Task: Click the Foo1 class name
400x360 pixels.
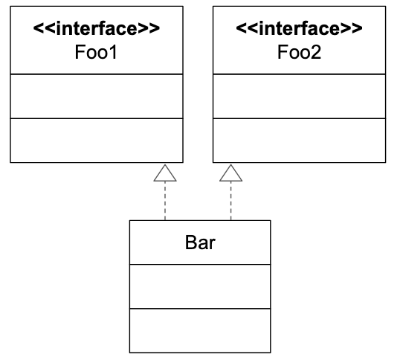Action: (x=96, y=52)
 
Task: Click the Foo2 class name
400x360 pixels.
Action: (x=299, y=52)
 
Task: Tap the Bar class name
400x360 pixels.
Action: (x=200, y=242)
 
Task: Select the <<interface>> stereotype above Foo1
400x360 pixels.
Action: (x=97, y=28)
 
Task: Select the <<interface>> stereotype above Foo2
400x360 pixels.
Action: (x=299, y=28)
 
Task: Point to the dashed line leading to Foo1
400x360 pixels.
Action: (x=165, y=201)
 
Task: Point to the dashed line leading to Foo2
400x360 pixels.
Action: (x=231, y=201)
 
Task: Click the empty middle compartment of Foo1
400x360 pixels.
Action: (x=97, y=97)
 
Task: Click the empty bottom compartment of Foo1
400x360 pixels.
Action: (x=97, y=141)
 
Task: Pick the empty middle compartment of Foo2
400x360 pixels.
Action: (x=299, y=97)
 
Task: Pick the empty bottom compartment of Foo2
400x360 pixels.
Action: (x=299, y=141)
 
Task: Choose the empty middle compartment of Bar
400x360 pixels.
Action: (x=200, y=286)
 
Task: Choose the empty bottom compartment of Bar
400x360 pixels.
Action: (x=200, y=331)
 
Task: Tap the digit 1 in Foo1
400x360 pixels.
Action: (x=113, y=52)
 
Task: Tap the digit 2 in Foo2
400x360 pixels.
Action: (x=316, y=52)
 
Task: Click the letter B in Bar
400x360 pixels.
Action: (x=191, y=242)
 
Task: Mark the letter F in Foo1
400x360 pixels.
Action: (x=80, y=52)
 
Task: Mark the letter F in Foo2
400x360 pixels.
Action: (x=283, y=52)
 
